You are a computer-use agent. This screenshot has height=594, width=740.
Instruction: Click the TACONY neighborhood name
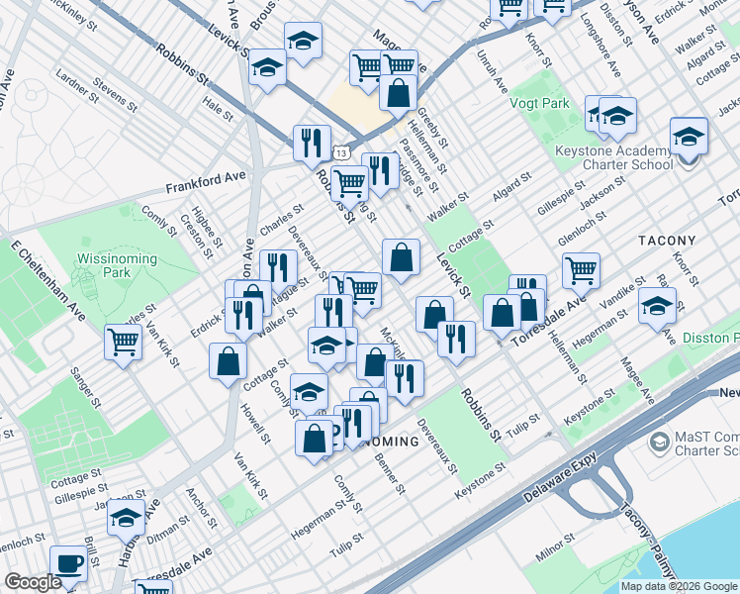coord(667,241)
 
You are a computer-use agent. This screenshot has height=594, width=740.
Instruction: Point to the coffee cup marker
coord(68,563)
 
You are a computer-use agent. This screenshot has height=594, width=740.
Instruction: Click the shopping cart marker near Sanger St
coord(124,342)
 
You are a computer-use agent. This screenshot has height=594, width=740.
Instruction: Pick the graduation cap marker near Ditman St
coord(126,516)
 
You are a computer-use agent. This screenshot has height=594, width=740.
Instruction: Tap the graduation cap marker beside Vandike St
coord(657,306)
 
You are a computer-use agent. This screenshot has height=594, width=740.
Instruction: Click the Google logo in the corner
coord(33,583)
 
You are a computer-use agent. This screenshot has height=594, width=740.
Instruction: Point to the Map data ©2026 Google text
coord(678,586)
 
